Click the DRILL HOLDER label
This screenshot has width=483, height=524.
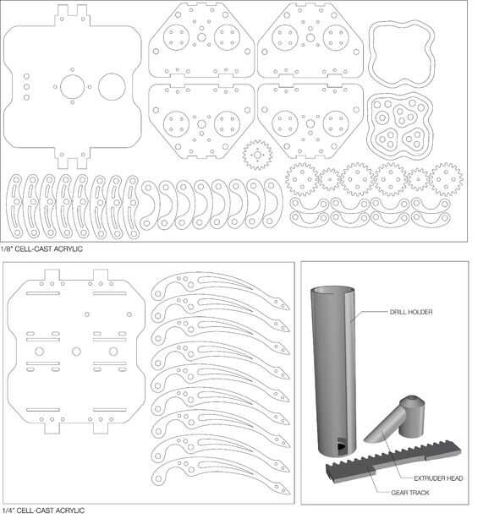411,312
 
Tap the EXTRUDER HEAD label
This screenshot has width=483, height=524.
438,478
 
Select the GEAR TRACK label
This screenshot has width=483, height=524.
410,493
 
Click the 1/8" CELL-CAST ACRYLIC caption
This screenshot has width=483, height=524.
41,249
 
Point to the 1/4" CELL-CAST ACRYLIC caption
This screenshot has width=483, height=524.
43,510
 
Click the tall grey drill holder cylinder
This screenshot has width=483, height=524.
333,371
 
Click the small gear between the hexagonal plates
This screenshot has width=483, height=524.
257,155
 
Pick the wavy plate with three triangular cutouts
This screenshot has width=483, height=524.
400,126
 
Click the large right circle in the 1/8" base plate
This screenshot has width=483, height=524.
112,87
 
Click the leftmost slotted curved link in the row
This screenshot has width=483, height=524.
14,206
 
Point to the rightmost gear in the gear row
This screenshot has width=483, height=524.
447,179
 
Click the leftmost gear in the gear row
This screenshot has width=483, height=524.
302,179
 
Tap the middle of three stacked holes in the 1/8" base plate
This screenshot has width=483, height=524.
26,87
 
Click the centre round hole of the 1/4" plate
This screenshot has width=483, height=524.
76,352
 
